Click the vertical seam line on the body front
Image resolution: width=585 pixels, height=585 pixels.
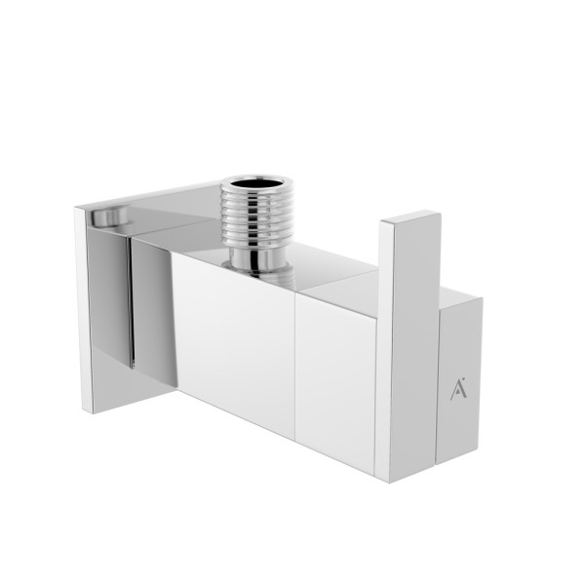[293, 370]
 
